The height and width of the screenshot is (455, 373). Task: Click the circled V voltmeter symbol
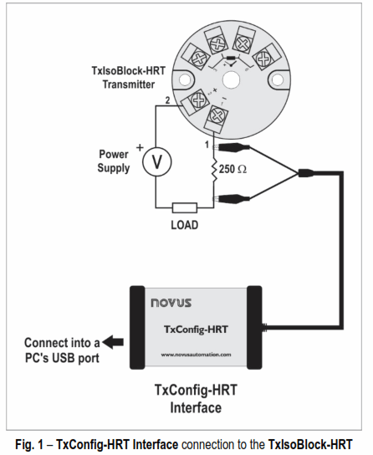(x=155, y=162)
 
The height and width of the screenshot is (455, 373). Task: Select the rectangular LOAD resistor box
(x=183, y=208)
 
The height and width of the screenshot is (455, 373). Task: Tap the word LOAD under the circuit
(x=184, y=226)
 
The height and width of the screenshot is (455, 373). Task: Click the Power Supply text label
(x=114, y=161)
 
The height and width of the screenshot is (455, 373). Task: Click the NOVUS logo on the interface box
(x=170, y=299)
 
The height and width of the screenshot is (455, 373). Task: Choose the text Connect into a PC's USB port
(x=62, y=349)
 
